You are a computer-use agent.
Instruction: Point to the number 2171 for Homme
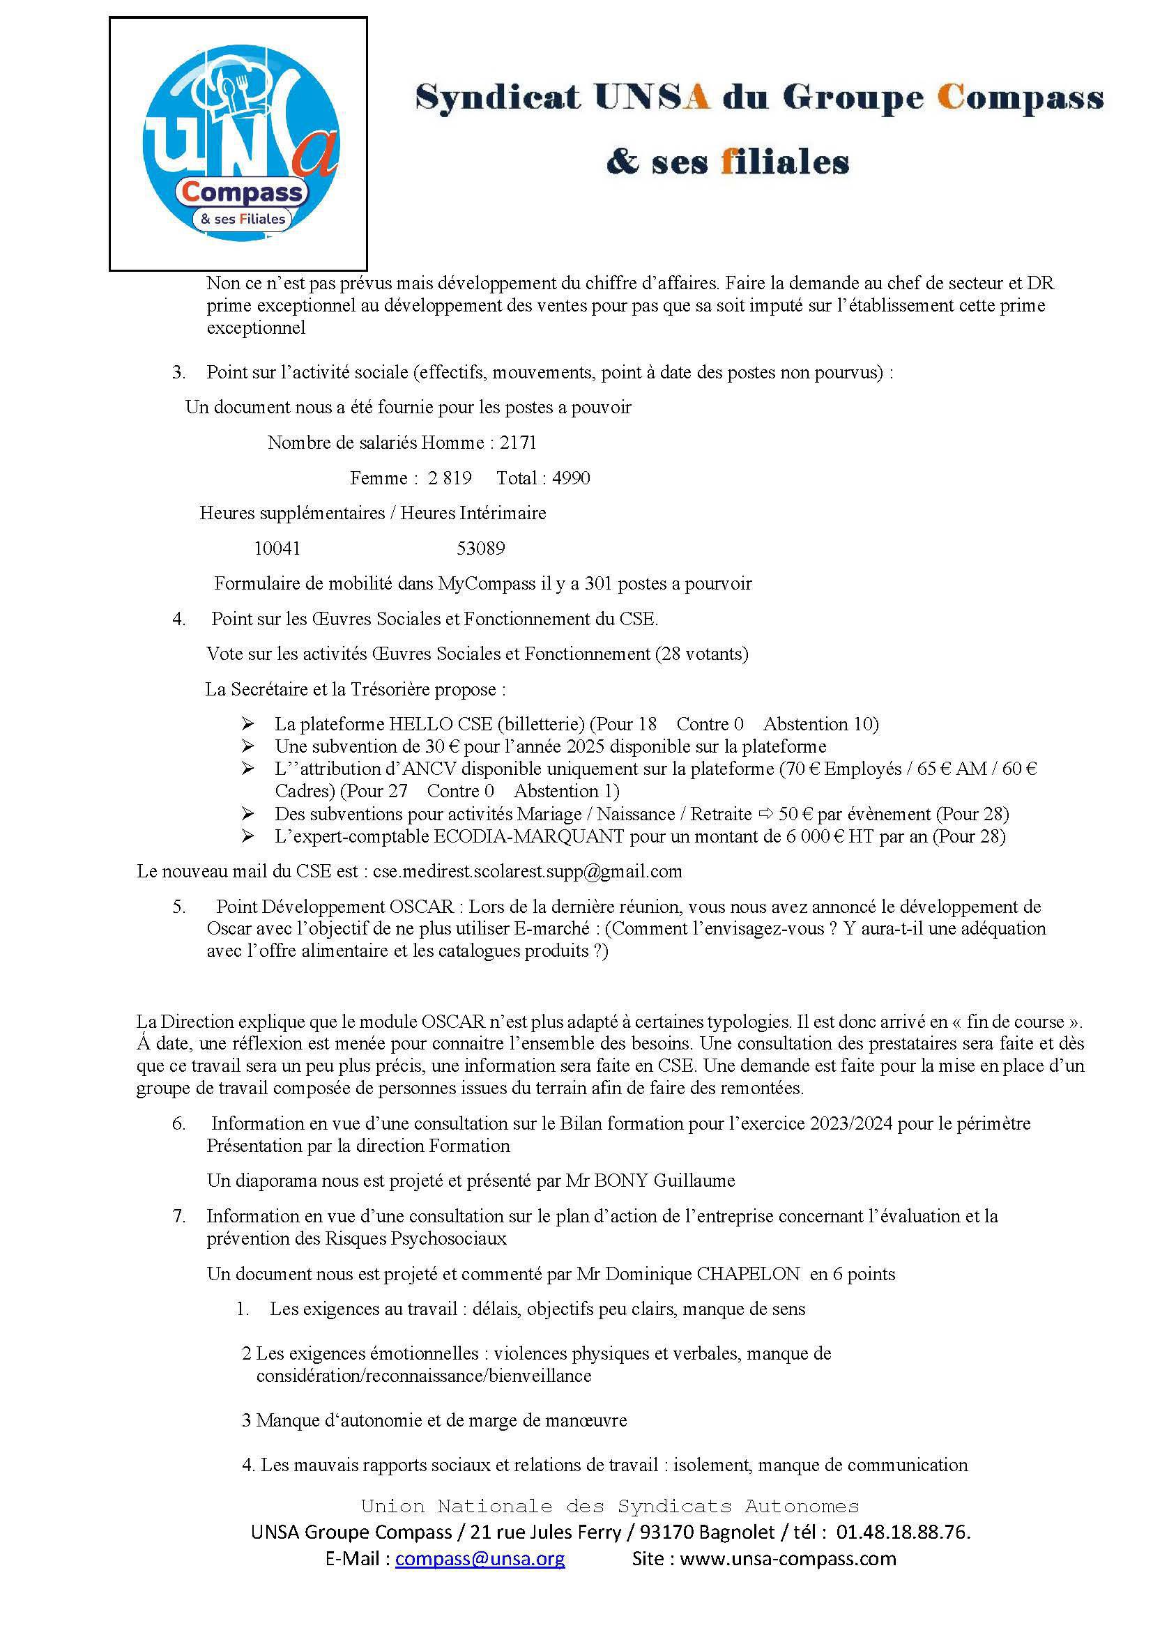click(518, 443)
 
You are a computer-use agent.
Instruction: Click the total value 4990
click(571, 479)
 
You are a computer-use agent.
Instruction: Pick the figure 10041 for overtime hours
click(277, 548)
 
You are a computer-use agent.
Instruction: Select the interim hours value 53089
click(481, 548)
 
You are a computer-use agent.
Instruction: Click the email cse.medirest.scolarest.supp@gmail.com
click(528, 871)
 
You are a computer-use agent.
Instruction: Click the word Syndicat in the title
click(498, 98)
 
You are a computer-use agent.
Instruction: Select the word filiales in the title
click(784, 162)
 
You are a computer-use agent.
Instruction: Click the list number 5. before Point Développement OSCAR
click(179, 907)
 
